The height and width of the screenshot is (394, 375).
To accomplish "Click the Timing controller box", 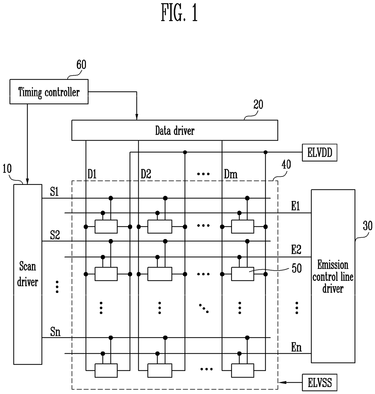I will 49,92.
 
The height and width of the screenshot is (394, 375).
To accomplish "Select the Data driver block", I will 174,130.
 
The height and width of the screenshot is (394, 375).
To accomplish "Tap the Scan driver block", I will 28,274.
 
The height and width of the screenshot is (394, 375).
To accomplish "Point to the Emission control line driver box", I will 333,276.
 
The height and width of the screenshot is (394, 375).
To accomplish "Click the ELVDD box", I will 319,153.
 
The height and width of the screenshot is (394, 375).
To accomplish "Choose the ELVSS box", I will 319,383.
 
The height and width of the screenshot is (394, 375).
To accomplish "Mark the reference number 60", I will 81,65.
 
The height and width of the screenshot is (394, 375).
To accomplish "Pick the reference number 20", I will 258,105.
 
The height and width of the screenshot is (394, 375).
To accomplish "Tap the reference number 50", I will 296,268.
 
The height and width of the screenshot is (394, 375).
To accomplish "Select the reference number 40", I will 286,165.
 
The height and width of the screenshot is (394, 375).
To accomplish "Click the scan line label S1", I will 54,192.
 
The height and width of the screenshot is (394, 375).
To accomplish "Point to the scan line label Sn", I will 55,332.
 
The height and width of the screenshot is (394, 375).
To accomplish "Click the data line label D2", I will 146,174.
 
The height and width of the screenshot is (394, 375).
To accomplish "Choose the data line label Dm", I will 230,174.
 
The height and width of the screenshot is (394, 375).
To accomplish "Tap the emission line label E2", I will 296,250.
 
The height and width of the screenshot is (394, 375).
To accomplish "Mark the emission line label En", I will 296,347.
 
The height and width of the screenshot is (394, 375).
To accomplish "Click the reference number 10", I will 7,169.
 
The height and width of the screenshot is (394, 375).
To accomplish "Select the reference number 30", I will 367,226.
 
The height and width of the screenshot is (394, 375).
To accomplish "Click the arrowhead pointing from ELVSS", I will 281,383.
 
